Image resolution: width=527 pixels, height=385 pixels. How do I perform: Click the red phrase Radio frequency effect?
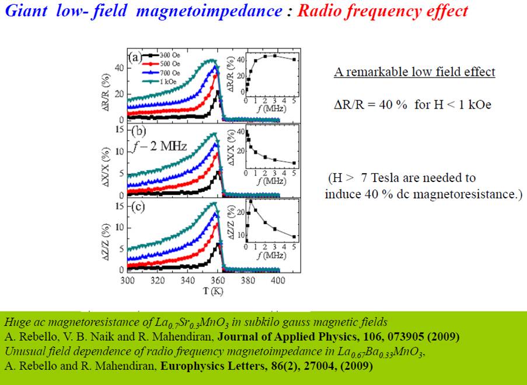pyautogui.click(x=382, y=10)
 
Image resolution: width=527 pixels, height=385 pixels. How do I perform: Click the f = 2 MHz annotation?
pyautogui.click(x=159, y=146)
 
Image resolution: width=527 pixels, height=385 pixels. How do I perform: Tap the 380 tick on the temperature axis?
pyautogui.click(x=248, y=281)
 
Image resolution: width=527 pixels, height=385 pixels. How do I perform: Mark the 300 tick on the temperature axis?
pyautogui.click(x=127, y=281)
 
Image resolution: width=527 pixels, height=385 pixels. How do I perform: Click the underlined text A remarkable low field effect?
pyautogui.click(x=414, y=72)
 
